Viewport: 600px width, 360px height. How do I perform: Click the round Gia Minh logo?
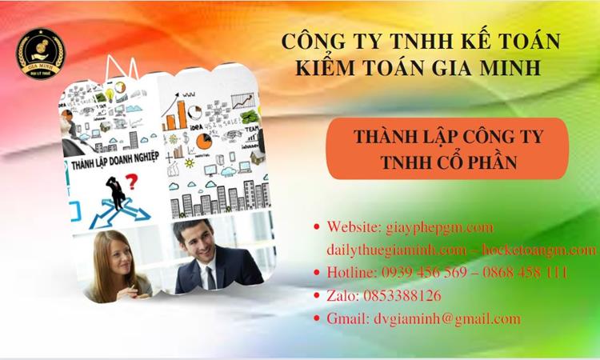[x=42, y=54]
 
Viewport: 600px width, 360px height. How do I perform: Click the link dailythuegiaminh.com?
[x=389, y=250]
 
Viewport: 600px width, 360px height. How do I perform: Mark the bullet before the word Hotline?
[x=317, y=273]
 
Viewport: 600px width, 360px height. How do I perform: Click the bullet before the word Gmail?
[x=317, y=319]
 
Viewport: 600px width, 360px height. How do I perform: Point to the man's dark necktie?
[x=210, y=276]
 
